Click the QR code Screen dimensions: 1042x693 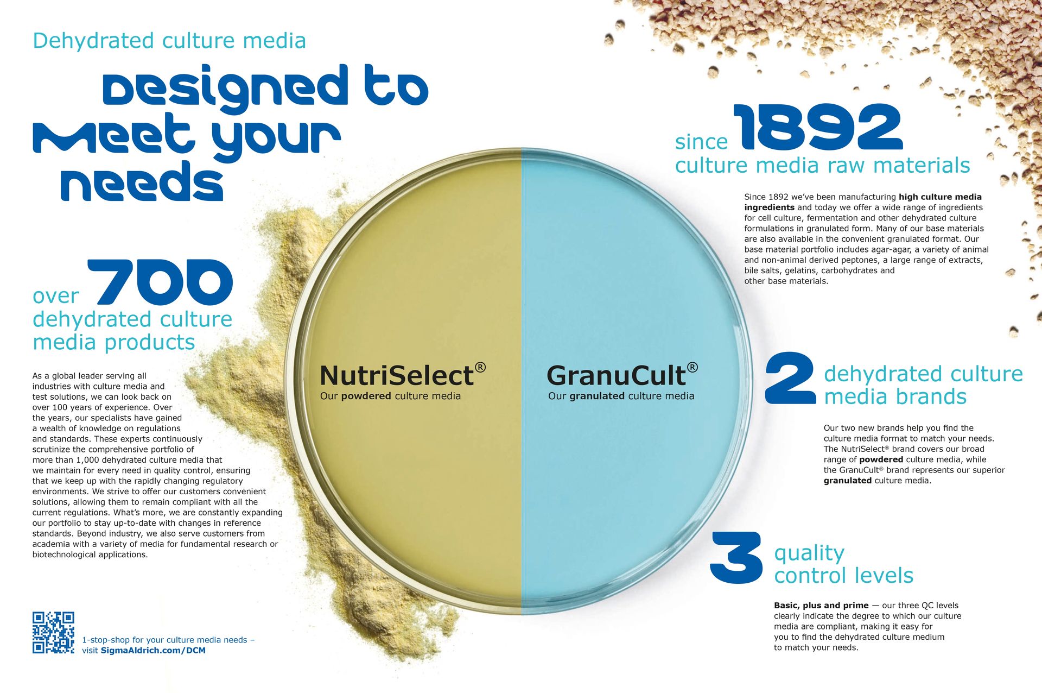pyautogui.click(x=53, y=633)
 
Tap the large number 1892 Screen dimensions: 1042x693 pyautogui.click(x=818, y=128)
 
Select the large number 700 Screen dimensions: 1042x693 pyautogui.click(x=161, y=282)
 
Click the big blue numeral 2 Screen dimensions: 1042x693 pyautogui.click(x=791, y=379)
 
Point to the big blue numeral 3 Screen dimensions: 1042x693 pyautogui.click(x=737, y=558)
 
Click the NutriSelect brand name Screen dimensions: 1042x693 pyautogui.click(x=397, y=375)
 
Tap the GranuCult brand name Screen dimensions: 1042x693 pyautogui.click(x=616, y=375)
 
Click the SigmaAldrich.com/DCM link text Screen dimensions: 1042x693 pyautogui.click(x=153, y=651)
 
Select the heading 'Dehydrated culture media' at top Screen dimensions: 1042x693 pyautogui.click(x=169, y=41)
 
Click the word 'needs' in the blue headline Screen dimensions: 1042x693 pyautogui.click(x=142, y=182)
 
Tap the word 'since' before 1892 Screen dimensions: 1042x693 pyautogui.click(x=701, y=142)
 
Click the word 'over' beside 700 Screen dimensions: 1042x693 pyautogui.click(x=56, y=296)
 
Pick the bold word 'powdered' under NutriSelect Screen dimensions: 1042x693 pyautogui.click(x=366, y=396)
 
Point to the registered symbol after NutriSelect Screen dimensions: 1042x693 pyautogui.click(x=480, y=368)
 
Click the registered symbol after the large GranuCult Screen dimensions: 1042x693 pyautogui.click(x=692, y=368)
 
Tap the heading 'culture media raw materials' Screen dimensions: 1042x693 pyautogui.click(x=823, y=165)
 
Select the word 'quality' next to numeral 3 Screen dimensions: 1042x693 pyautogui.click(x=809, y=553)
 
